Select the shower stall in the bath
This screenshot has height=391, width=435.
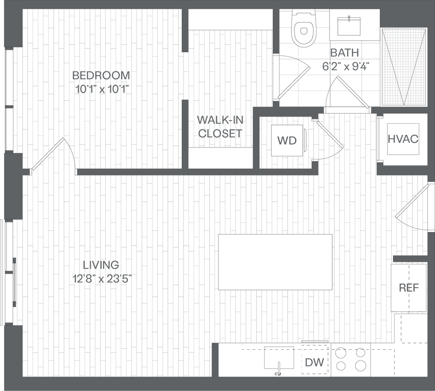point(404,67)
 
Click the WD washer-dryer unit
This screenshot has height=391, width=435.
point(288,141)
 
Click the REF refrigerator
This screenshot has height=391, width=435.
point(409,288)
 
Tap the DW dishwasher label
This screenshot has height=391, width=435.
point(315,363)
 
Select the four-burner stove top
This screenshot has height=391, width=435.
point(350,359)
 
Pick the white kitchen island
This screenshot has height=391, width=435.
point(275,262)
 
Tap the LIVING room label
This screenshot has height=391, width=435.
point(102,265)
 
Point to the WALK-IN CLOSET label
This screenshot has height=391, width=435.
point(220,126)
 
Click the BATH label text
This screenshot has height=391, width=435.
point(345,53)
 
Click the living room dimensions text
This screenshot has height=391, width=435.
point(102,279)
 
